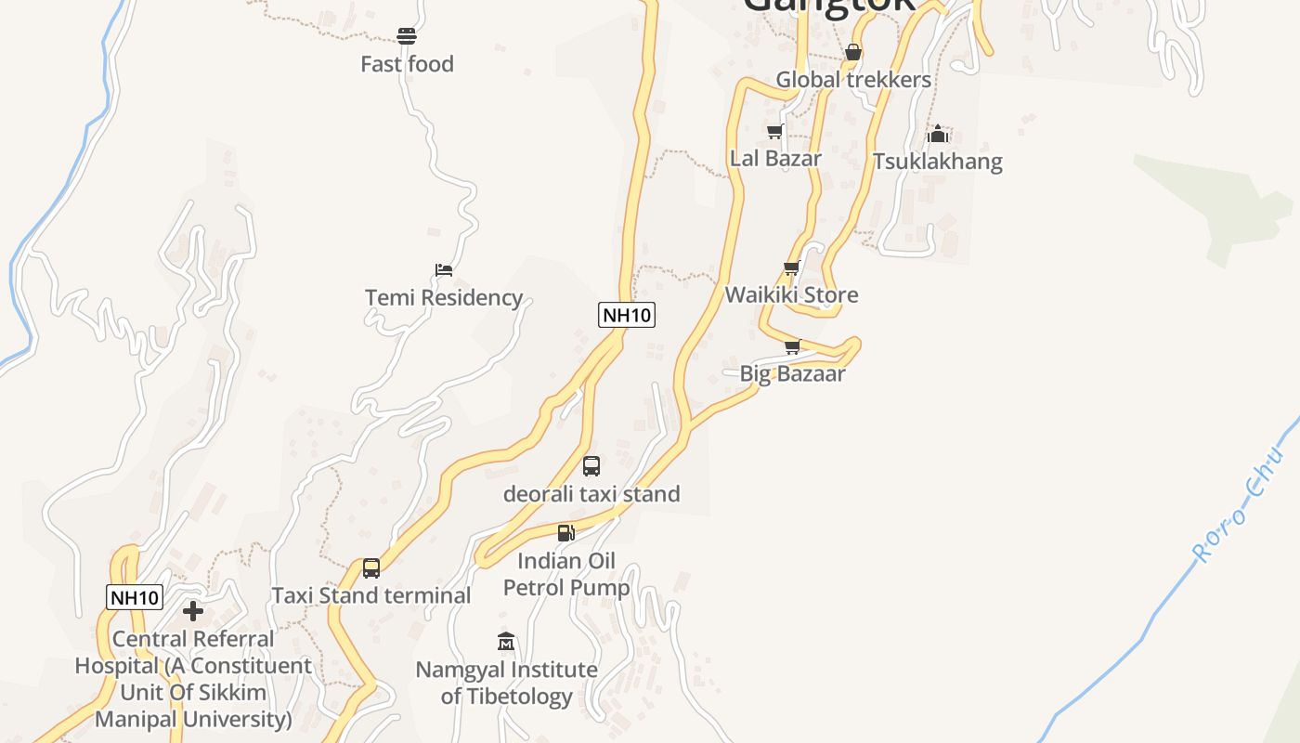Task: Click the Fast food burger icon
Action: [406, 36]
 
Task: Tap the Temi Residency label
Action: [444, 297]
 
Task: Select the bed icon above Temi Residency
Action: [444, 270]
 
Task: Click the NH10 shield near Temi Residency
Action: [627, 315]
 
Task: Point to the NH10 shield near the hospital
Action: [136, 597]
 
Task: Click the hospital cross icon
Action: [193, 611]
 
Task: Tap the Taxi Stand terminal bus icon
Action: [371, 568]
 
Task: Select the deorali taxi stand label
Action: [591, 494]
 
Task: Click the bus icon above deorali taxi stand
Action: [591, 466]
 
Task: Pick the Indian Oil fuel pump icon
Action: [565, 533]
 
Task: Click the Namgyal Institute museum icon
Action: [506, 642]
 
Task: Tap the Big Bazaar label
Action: [792, 373]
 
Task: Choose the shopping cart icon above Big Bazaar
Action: [792, 346]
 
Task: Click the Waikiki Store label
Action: [791, 294]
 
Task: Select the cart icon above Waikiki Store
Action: [791, 268]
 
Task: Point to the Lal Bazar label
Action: [775, 158]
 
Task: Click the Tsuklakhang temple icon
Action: [938, 134]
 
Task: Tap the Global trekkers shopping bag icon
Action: [853, 53]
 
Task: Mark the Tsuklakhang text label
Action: [938, 162]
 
